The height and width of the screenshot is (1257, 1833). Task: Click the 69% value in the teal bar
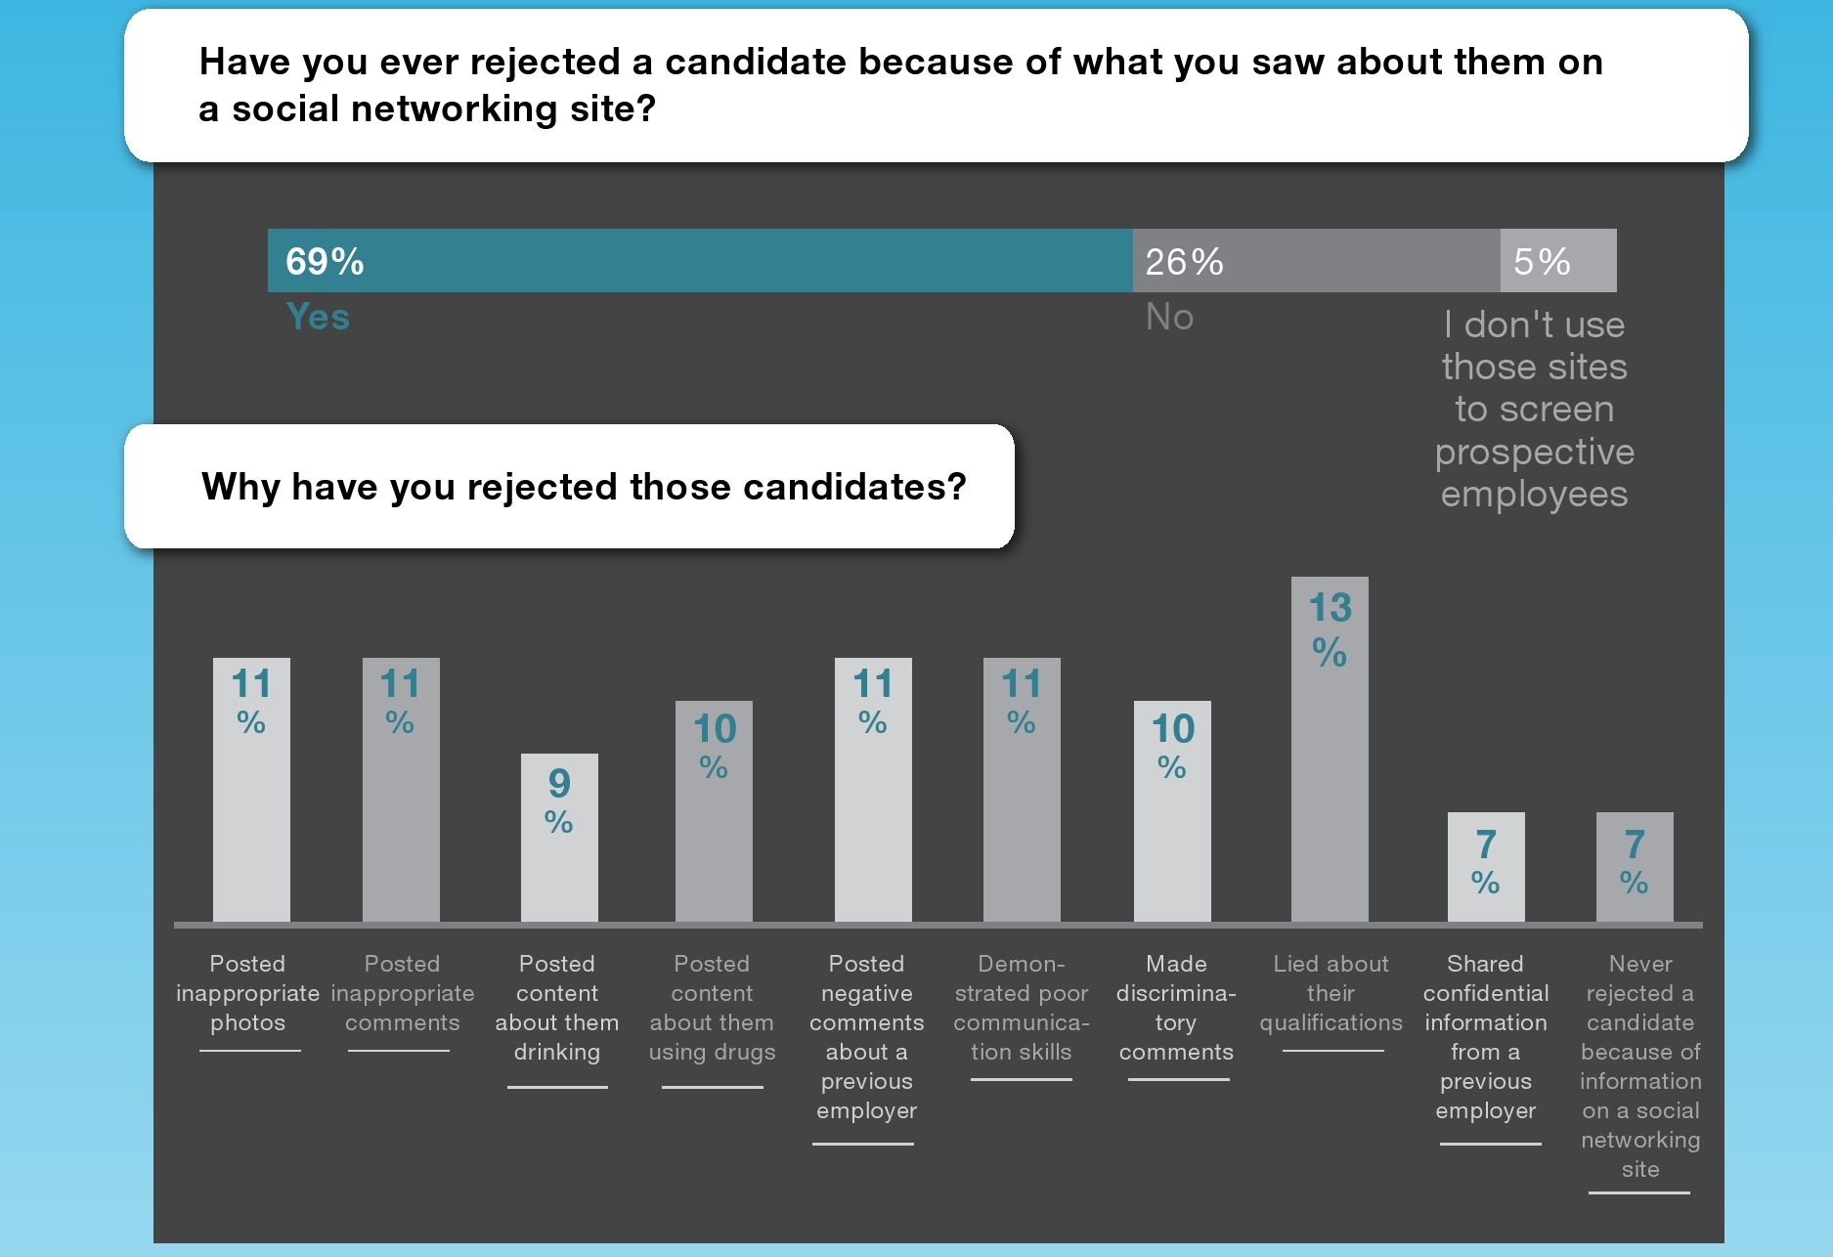325,262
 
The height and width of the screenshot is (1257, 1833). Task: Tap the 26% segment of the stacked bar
1315,261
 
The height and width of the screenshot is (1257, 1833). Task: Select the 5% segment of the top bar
1557,261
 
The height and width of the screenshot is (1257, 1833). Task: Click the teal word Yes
318,317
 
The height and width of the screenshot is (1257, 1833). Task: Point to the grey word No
1169,317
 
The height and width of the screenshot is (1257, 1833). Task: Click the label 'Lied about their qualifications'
1331,993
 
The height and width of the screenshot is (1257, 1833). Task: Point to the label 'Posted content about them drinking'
557,1008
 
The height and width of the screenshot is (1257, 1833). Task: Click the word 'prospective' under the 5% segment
1534,452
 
